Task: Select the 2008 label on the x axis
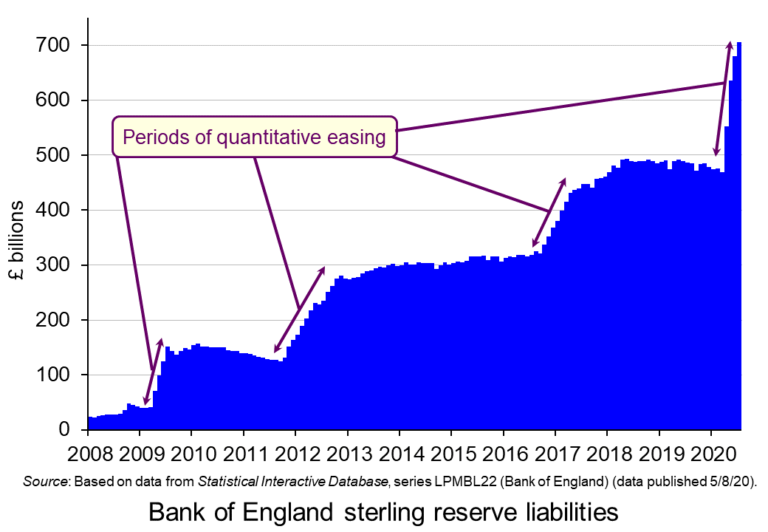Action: coord(88,449)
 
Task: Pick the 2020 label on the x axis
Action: coord(710,449)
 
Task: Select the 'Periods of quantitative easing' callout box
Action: coord(254,138)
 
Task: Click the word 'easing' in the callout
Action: coord(356,138)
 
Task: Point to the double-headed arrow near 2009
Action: coord(153,372)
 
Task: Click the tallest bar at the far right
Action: coord(740,240)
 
